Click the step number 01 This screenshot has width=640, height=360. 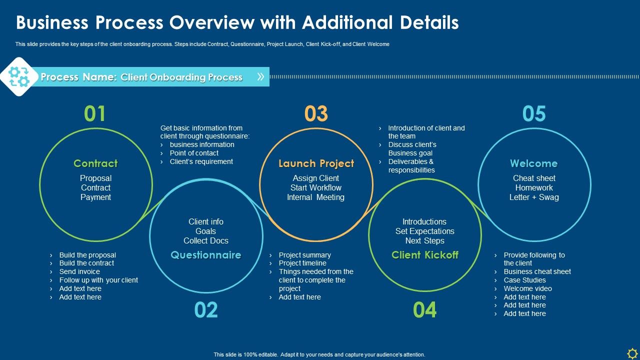pos(95,114)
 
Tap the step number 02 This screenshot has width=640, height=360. pos(206,310)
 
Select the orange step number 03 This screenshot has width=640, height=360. pos(316,114)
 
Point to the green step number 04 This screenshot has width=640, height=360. pos(424,310)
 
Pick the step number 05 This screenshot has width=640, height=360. pos(534,114)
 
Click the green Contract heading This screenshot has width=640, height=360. pos(95,163)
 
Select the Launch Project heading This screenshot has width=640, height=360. pos(316,163)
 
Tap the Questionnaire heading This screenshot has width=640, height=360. pos(206,255)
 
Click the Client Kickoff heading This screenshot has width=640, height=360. pos(425,255)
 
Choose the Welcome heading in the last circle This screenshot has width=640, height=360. pos(533,163)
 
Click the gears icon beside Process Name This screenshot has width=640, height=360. pos(19,76)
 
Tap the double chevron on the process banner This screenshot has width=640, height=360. pos(260,76)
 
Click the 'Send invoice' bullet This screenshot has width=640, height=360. pos(79,271)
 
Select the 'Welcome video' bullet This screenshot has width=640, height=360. pos(527,288)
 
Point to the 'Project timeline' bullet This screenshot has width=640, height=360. pos(302,263)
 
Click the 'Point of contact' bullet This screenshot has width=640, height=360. pos(194,153)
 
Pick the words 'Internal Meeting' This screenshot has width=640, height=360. pos(315,197)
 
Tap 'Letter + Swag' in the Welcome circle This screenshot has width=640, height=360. pos(534,197)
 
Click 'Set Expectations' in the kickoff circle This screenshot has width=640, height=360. pos(425,231)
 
